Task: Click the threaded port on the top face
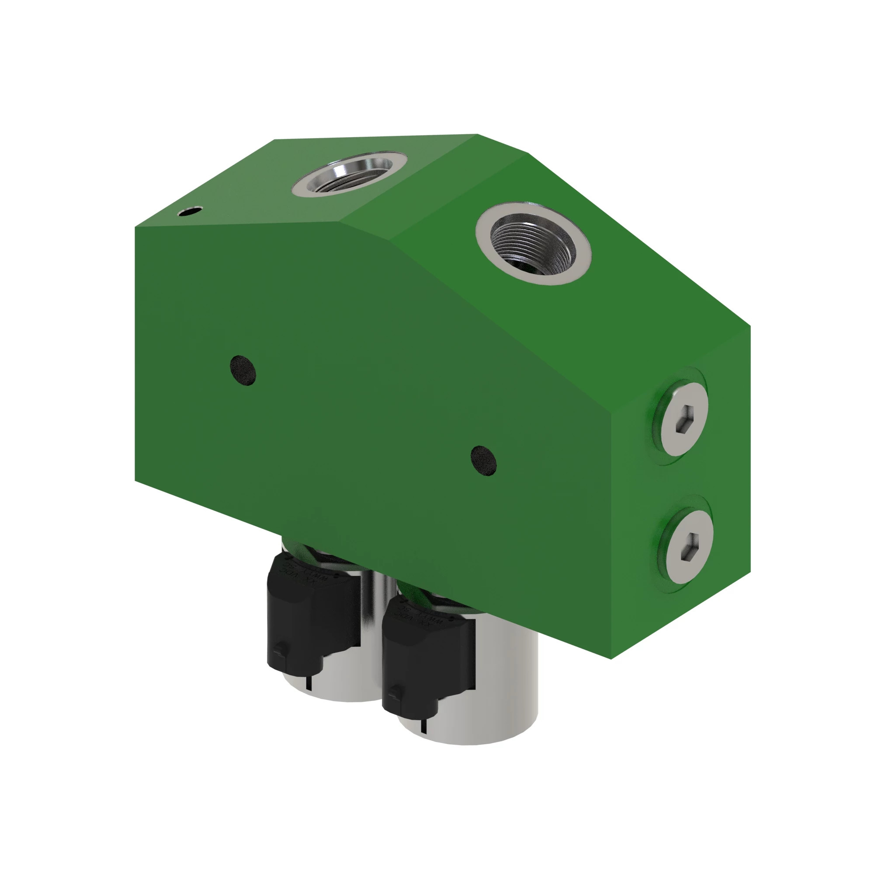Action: click(349, 175)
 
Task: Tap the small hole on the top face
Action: click(190, 211)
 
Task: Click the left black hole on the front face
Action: click(243, 371)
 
